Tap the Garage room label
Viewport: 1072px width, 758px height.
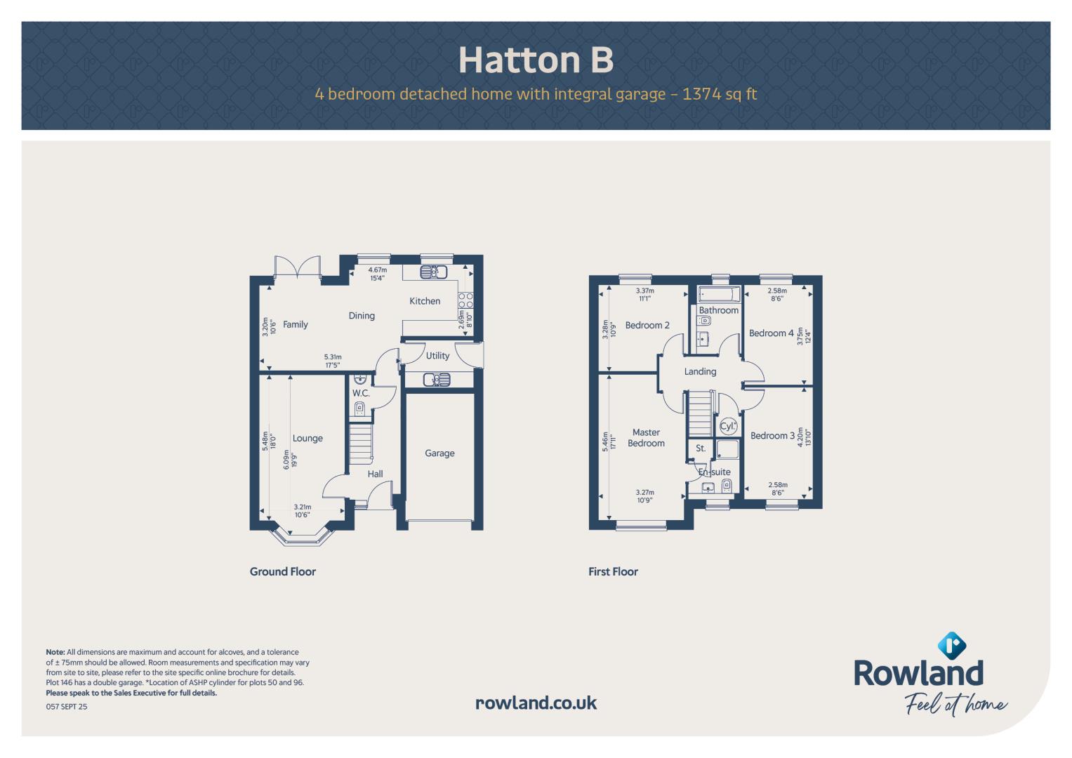[x=439, y=453]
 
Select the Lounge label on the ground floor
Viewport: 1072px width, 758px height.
[x=307, y=439]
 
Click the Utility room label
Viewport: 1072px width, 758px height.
[x=437, y=356]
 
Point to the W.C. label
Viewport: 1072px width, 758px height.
[x=361, y=393]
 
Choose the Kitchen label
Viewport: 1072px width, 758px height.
[x=425, y=301]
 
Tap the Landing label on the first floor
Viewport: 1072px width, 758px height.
[x=700, y=372]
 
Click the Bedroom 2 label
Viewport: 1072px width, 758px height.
[x=647, y=326]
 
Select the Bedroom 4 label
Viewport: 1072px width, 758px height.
[x=771, y=333]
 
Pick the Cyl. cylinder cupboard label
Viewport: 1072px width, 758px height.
[x=728, y=426]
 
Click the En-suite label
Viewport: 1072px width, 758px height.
[x=714, y=472]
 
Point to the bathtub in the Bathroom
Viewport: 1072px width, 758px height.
[x=719, y=294]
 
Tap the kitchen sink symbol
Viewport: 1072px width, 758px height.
[x=433, y=272]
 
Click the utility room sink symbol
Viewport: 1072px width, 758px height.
[x=437, y=380]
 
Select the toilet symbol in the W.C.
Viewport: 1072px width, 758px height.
[x=359, y=409]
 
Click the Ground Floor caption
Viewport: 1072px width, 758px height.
[x=282, y=571]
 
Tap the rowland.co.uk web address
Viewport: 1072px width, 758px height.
[x=536, y=703]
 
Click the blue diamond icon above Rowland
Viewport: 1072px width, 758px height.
[x=951, y=646]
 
